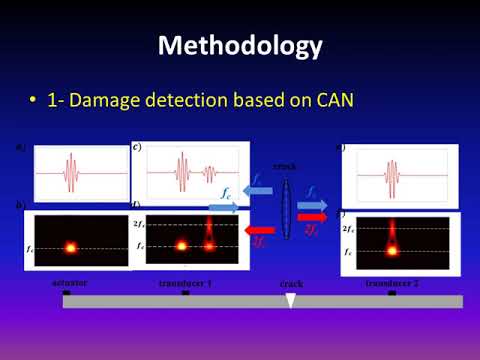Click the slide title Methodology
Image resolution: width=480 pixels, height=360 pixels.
pyautogui.click(x=240, y=46)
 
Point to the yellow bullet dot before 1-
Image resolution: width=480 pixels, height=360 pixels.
pyautogui.click(x=35, y=101)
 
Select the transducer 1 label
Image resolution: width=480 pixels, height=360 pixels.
pyautogui.click(x=186, y=283)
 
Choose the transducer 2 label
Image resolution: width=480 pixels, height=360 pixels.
pyautogui.click(x=391, y=283)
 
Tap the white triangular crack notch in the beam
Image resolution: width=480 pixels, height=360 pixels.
pyautogui.click(x=290, y=300)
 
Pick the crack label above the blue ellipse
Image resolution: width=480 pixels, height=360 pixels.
pyautogui.click(x=285, y=165)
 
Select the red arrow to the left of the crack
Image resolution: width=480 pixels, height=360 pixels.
pyautogui.click(x=257, y=231)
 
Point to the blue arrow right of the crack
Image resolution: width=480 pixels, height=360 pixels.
pyautogui.click(x=313, y=190)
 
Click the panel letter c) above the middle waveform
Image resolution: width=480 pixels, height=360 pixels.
pyautogui.click(x=136, y=147)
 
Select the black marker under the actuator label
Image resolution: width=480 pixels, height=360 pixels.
pyautogui.click(x=66, y=293)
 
